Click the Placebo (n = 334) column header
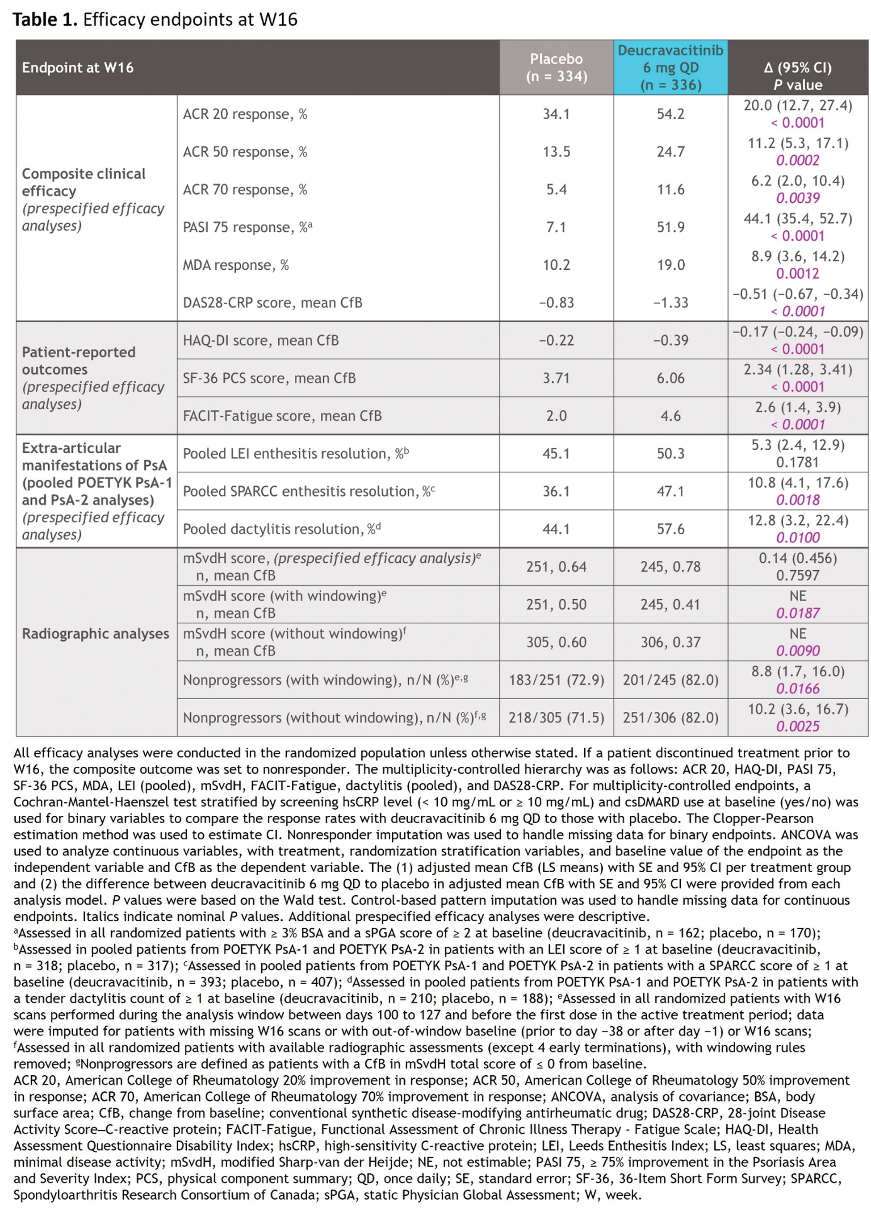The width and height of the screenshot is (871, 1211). coord(556,67)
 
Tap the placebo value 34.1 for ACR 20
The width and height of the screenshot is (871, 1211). coord(556,114)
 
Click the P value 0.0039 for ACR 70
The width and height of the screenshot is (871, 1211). coord(797,198)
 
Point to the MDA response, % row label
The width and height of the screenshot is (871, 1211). coord(235,265)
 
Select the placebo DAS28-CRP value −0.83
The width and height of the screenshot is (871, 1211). coord(556,303)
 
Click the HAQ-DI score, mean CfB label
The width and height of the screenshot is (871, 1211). coord(260,341)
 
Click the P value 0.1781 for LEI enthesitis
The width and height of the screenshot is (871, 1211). coord(797,463)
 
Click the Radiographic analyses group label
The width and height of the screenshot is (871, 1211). coord(95,634)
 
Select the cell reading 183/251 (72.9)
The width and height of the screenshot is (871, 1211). coord(556,680)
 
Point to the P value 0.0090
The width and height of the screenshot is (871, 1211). coord(797,651)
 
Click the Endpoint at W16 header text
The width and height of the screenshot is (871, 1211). coord(77,68)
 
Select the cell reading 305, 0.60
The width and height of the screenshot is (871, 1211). coord(556,643)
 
